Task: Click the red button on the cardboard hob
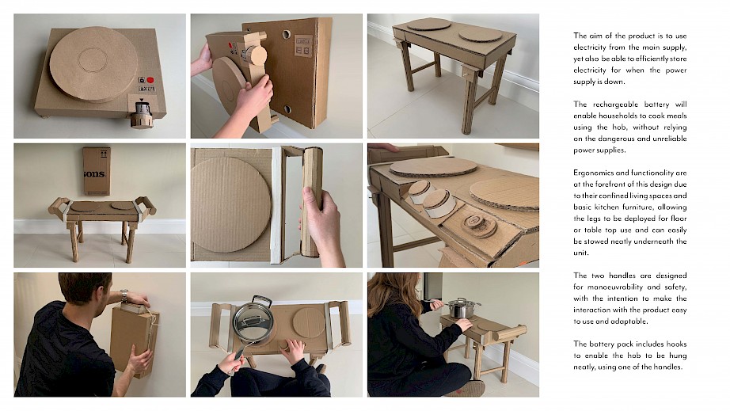[x=150, y=80]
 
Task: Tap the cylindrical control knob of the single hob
[x=141, y=115]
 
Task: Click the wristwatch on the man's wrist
[x=124, y=295]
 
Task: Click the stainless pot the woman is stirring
[x=463, y=308]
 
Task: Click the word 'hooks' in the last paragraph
[x=676, y=344]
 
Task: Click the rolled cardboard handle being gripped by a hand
[x=312, y=201]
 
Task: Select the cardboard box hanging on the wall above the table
[x=97, y=171]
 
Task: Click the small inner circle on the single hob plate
[x=93, y=60]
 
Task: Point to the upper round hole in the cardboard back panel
[x=286, y=34]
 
